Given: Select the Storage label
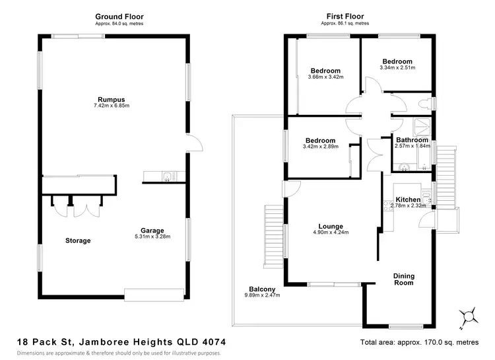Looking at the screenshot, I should point(78,240).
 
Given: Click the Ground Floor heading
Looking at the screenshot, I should point(119,17).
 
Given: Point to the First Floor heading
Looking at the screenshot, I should point(345,17).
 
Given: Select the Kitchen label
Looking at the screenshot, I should point(407,199).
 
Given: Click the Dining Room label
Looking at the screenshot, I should point(403,279).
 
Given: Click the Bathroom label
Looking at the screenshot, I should point(412,140).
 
